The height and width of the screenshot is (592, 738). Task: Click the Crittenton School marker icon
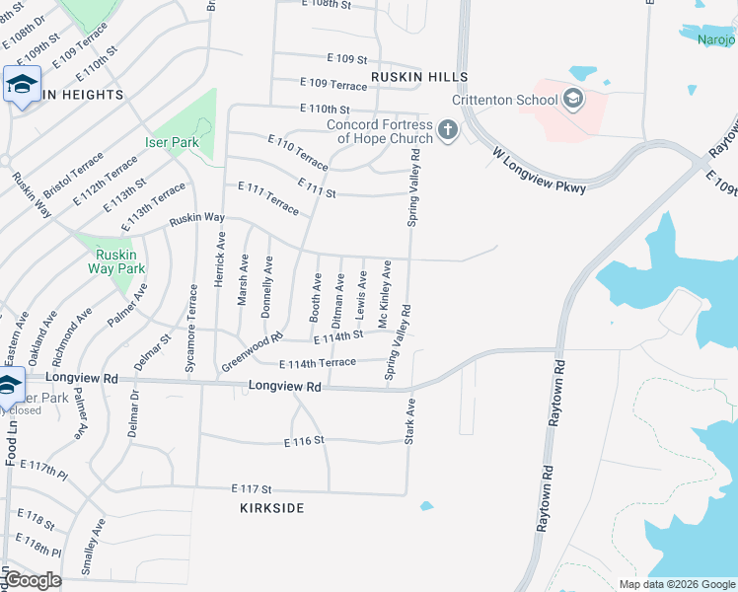[573, 99]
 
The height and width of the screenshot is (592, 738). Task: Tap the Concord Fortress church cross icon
[447, 129]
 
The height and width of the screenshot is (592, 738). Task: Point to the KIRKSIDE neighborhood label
[271, 508]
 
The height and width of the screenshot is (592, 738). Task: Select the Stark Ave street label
[410, 420]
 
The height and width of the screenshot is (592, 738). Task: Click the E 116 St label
[304, 441]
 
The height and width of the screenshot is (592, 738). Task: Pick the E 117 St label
[251, 488]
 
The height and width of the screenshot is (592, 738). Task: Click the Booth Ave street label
[316, 296]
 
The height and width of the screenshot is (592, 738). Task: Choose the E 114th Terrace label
[318, 363]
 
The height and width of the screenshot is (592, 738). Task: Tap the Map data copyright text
[677, 584]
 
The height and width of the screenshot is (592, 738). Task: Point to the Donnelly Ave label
[266, 287]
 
